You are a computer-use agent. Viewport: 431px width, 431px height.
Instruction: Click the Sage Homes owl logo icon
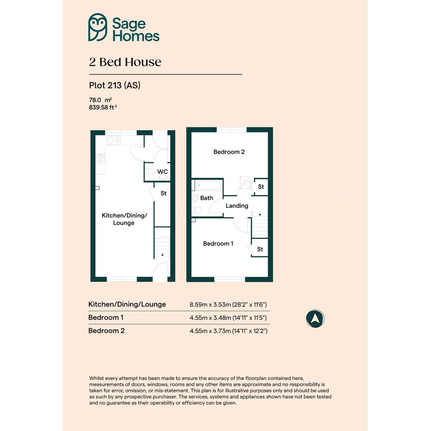98,27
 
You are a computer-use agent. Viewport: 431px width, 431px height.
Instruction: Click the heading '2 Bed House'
125,62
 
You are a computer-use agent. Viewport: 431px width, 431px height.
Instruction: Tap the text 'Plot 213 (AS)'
114,85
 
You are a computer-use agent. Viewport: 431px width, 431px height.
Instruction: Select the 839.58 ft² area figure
103,107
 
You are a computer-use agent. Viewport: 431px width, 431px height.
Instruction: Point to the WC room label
162,172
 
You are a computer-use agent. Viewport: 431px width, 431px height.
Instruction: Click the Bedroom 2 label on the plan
229,152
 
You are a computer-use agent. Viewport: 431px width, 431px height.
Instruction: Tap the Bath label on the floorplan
207,198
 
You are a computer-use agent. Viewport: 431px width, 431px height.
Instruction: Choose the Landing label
237,206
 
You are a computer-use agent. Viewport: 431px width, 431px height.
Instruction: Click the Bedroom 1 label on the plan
218,244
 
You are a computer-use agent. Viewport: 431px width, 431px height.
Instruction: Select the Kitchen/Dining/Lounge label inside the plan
124,219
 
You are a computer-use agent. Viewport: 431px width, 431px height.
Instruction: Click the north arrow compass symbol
315,319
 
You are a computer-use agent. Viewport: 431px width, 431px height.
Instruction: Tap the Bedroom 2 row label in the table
106,331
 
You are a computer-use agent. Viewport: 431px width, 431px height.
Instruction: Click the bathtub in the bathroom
208,185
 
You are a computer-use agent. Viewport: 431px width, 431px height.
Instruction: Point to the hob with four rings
101,159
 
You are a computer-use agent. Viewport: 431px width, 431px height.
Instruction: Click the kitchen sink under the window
114,140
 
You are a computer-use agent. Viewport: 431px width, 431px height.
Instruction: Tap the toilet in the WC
150,172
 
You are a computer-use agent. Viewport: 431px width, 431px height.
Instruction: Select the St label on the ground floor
164,193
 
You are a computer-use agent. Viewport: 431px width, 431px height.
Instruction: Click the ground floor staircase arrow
162,255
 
